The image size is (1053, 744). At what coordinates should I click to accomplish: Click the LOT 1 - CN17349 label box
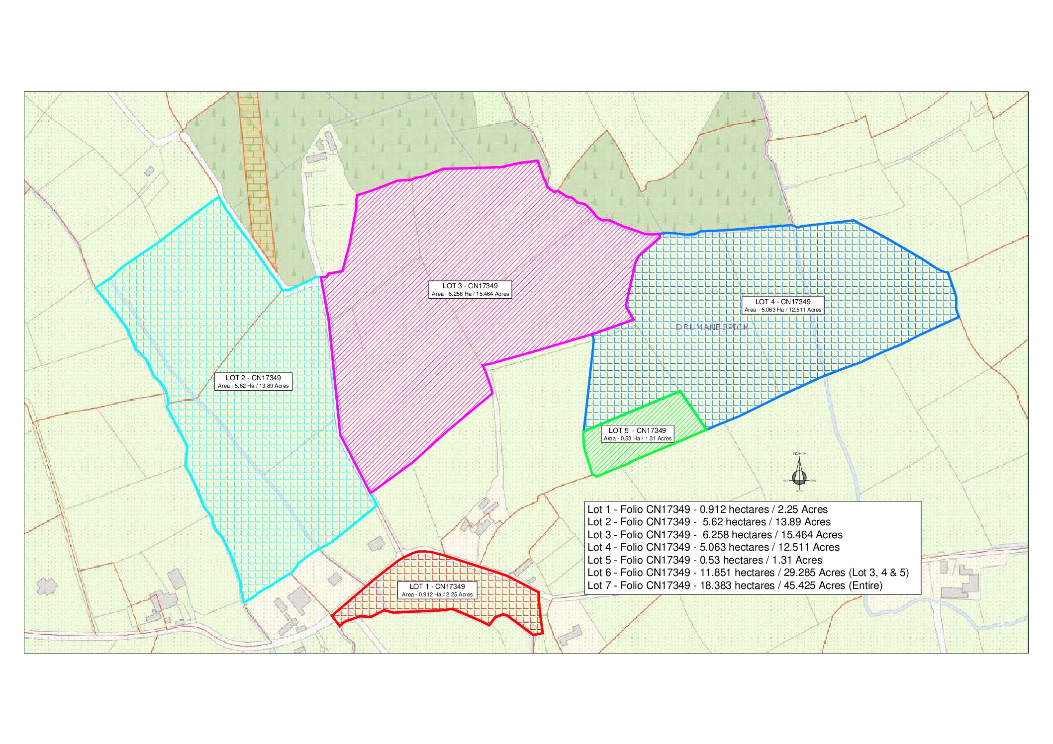[x=437, y=590]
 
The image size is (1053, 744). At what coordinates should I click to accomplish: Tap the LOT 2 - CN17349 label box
[x=253, y=382]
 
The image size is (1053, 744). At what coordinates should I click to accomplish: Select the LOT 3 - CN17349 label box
[x=470, y=290]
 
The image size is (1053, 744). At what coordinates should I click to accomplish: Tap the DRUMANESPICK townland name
[x=712, y=327]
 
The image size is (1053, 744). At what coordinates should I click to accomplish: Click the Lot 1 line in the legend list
[x=707, y=509]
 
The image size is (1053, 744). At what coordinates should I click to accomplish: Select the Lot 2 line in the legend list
[x=709, y=522]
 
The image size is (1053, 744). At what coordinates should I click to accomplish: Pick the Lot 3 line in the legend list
[x=715, y=535]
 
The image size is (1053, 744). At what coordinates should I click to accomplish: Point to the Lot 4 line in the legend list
[x=713, y=547]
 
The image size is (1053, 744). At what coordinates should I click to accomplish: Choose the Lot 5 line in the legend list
[x=704, y=560]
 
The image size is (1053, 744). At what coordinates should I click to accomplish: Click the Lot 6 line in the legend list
[x=748, y=573]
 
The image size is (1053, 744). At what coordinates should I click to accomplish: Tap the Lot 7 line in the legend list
[x=735, y=585]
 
